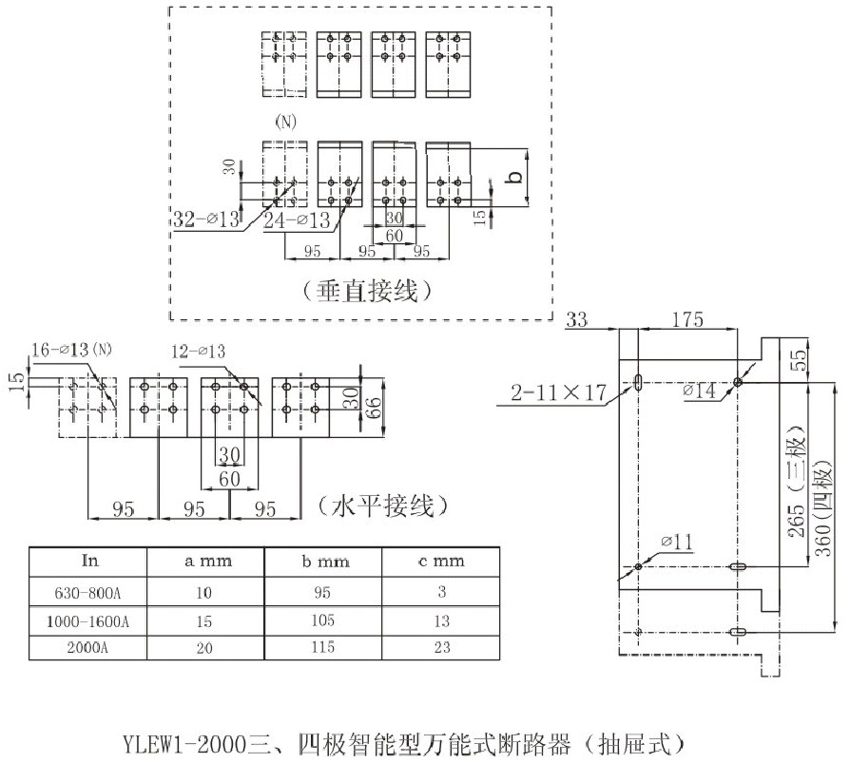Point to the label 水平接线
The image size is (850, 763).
[x=378, y=505]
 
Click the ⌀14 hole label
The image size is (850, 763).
[x=705, y=391]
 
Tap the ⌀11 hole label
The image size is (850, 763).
[x=674, y=543]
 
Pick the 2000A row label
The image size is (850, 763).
[x=91, y=651]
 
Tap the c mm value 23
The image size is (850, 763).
[x=441, y=651]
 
